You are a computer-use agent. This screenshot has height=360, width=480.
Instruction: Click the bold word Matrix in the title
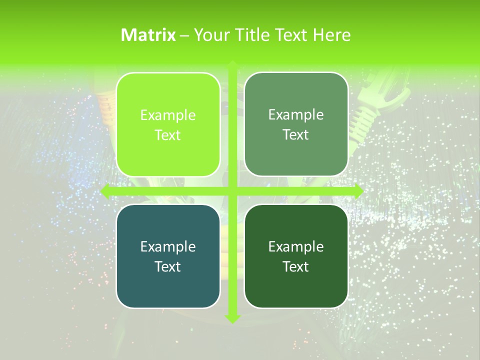point(148,35)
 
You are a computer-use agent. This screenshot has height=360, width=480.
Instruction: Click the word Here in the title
point(331,35)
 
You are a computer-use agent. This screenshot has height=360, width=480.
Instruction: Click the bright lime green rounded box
point(168,124)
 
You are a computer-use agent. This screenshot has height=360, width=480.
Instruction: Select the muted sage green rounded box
point(296,124)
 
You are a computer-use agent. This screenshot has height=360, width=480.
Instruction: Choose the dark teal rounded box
point(168,256)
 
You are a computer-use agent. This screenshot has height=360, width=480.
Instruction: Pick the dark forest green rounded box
point(296,256)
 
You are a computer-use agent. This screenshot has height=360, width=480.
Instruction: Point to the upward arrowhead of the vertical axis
point(232,65)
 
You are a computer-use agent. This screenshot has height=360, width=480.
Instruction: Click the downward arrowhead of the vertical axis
point(232,318)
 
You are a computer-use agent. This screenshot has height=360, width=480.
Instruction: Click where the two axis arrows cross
point(232,191)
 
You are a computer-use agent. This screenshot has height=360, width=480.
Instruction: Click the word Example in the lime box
point(168,115)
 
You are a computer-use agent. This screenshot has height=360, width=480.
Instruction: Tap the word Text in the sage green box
point(296,135)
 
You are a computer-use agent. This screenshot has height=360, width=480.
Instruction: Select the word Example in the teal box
point(168,246)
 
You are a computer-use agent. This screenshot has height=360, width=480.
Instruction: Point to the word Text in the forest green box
point(296,266)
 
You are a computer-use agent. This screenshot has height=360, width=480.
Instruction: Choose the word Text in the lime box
point(168,135)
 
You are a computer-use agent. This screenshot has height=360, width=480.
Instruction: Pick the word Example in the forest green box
point(296,246)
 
